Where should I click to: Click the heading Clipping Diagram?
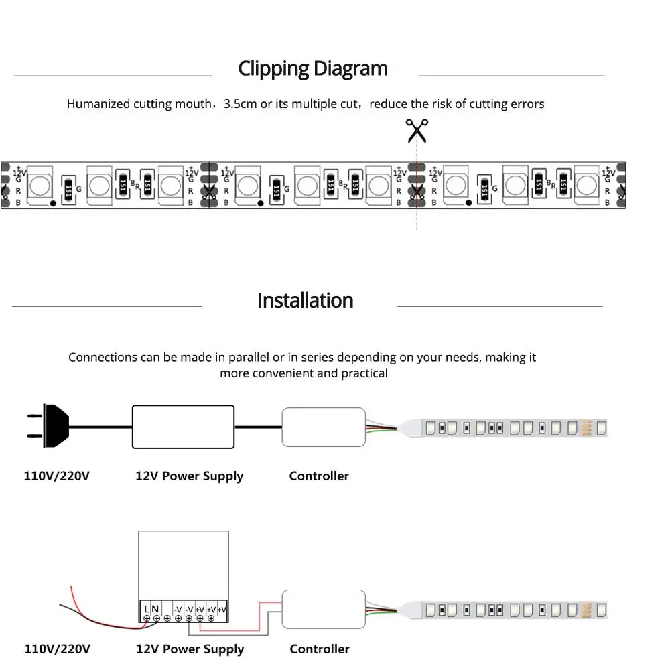pyautogui.click(x=313, y=68)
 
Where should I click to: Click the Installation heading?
pyautogui.click(x=305, y=300)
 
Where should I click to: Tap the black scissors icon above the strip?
pyautogui.click(x=417, y=131)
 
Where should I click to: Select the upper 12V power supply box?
pyautogui.click(x=183, y=426)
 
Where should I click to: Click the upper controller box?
pyautogui.click(x=324, y=427)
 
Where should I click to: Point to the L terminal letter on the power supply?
pyautogui.click(x=146, y=608)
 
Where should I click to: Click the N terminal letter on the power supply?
pyautogui.click(x=155, y=608)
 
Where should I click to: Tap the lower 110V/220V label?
pyautogui.click(x=57, y=649)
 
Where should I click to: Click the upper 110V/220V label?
pyautogui.click(x=56, y=476)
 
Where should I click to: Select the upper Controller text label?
pyautogui.click(x=319, y=476)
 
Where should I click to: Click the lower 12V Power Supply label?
pyautogui.click(x=190, y=649)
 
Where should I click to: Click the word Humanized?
pyautogui.click(x=98, y=104)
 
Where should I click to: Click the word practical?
pyautogui.click(x=364, y=373)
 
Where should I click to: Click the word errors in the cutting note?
pyautogui.click(x=527, y=104)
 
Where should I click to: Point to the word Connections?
pyautogui.click(x=103, y=357)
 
